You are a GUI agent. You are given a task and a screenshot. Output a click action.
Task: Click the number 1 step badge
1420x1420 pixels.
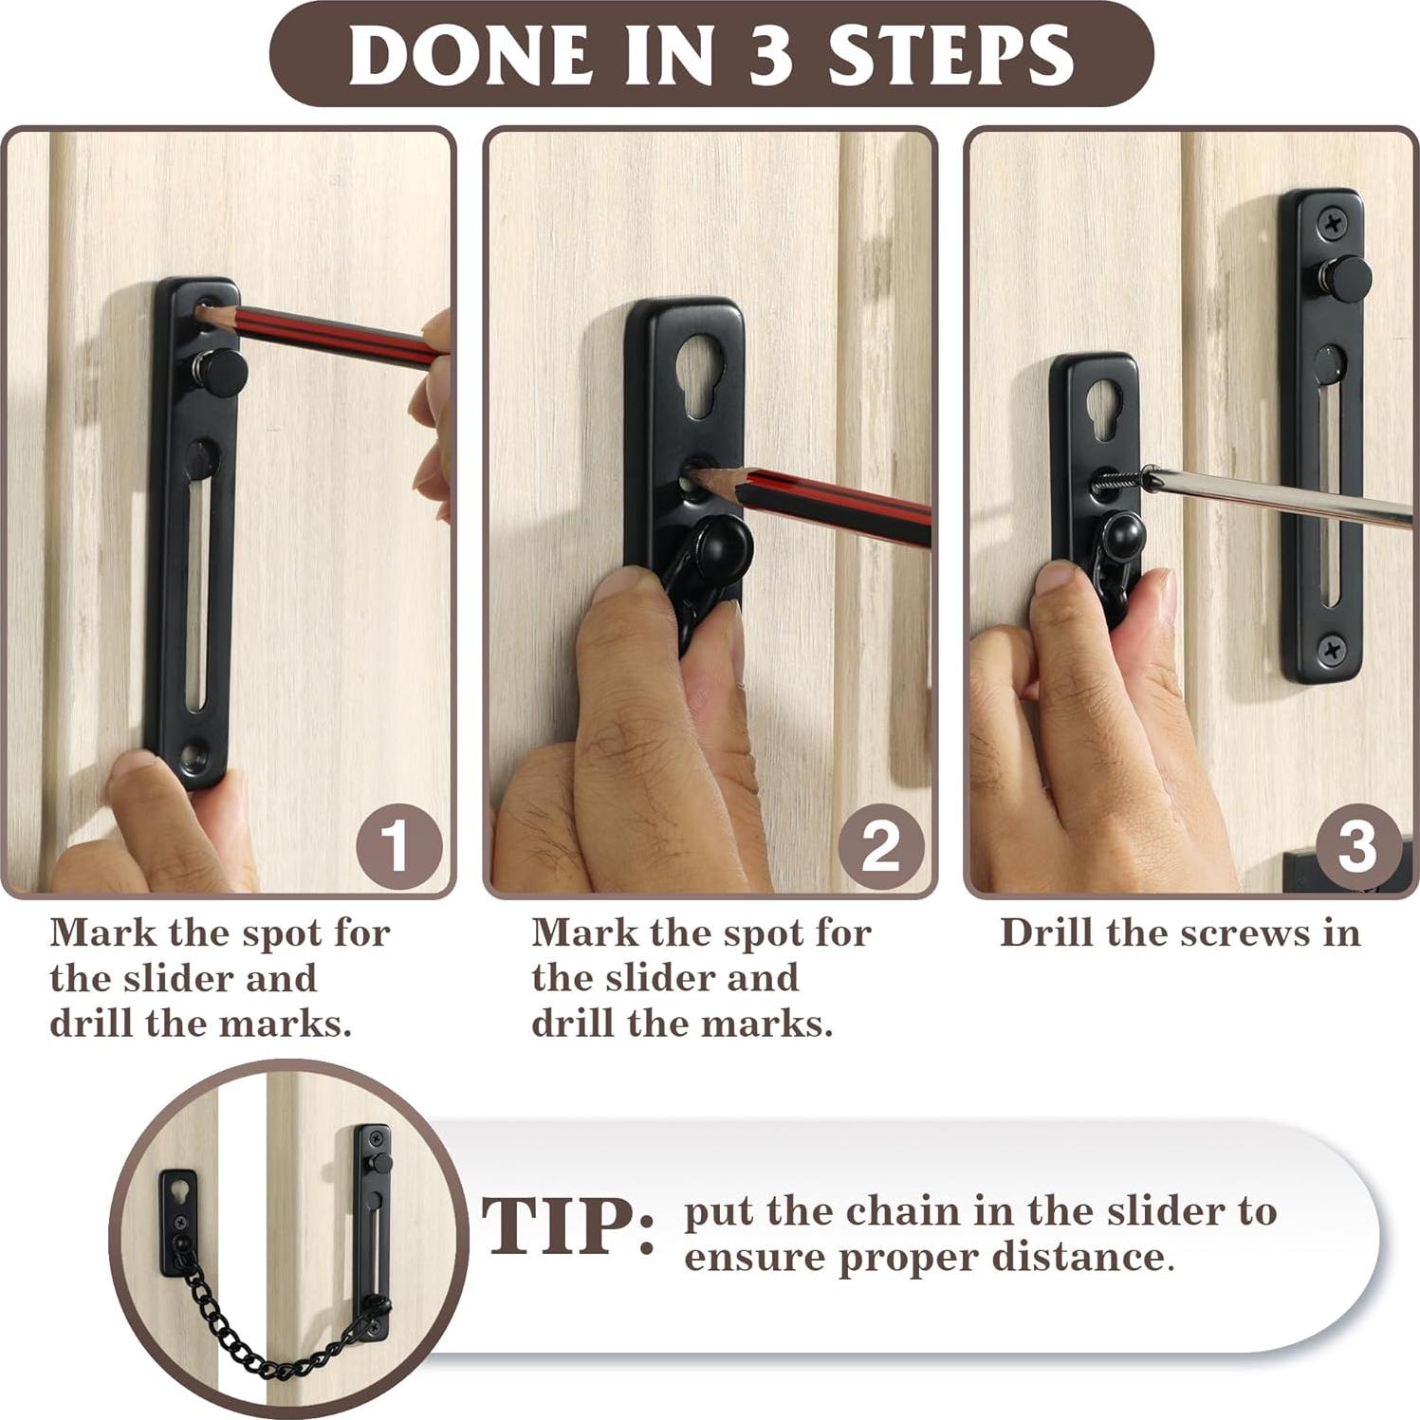(398, 846)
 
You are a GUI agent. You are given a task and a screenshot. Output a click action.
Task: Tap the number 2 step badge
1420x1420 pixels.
(880, 846)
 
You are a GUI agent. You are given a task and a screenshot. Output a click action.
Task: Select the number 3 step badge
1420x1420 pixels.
(1356, 846)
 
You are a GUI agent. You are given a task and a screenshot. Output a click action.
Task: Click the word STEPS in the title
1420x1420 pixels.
(951, 55)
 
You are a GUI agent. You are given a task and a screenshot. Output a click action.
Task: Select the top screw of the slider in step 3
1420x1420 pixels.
(1333, 224)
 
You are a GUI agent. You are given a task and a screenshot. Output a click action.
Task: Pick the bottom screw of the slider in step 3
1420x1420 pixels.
(1332, 649)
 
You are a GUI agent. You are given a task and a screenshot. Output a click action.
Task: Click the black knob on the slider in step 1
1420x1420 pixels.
(226, 371)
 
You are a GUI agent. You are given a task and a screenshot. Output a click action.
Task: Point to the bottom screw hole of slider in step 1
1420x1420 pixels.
(194, 756)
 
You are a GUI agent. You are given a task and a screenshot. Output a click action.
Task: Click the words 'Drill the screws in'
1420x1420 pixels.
(1180, 932)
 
